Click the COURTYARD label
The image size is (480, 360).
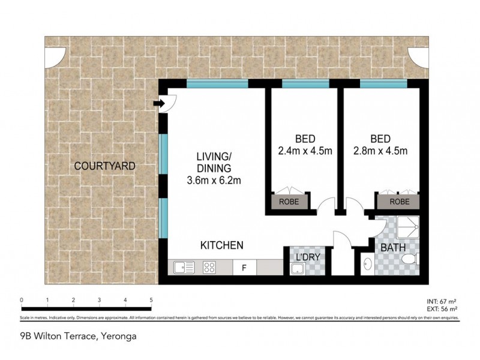[x=104, y=166]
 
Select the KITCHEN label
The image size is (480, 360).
[x=221, y=245]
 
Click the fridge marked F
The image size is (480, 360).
[x=244, y=267]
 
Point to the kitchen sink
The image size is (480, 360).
[x=183, y=267]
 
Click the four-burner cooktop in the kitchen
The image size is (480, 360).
[x=210, y=267]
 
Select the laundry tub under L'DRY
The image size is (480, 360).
[x=298, y=269]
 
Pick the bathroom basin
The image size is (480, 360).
[x=367, y=263]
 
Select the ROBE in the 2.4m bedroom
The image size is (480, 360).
[x=292, y=202]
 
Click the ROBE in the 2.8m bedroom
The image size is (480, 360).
[x=400, y=202]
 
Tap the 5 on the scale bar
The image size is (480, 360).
[x=151, y=300]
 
